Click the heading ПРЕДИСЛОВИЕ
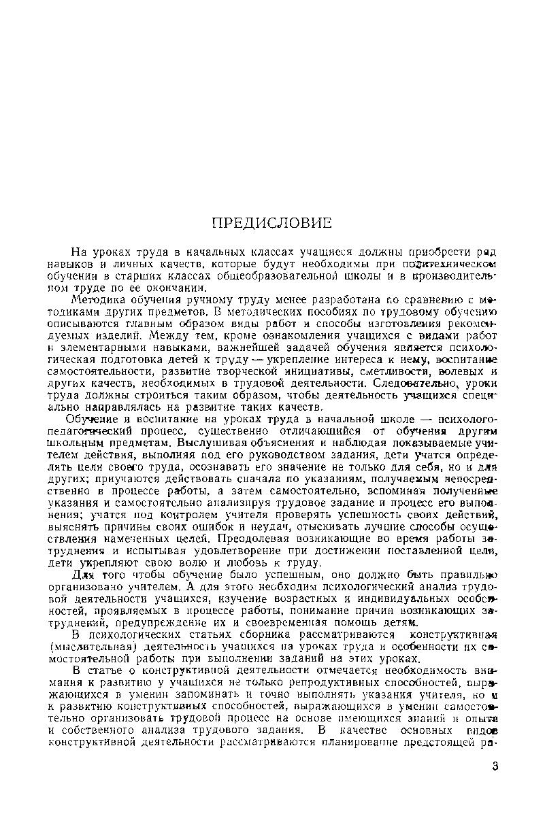(x=271, y=223)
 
